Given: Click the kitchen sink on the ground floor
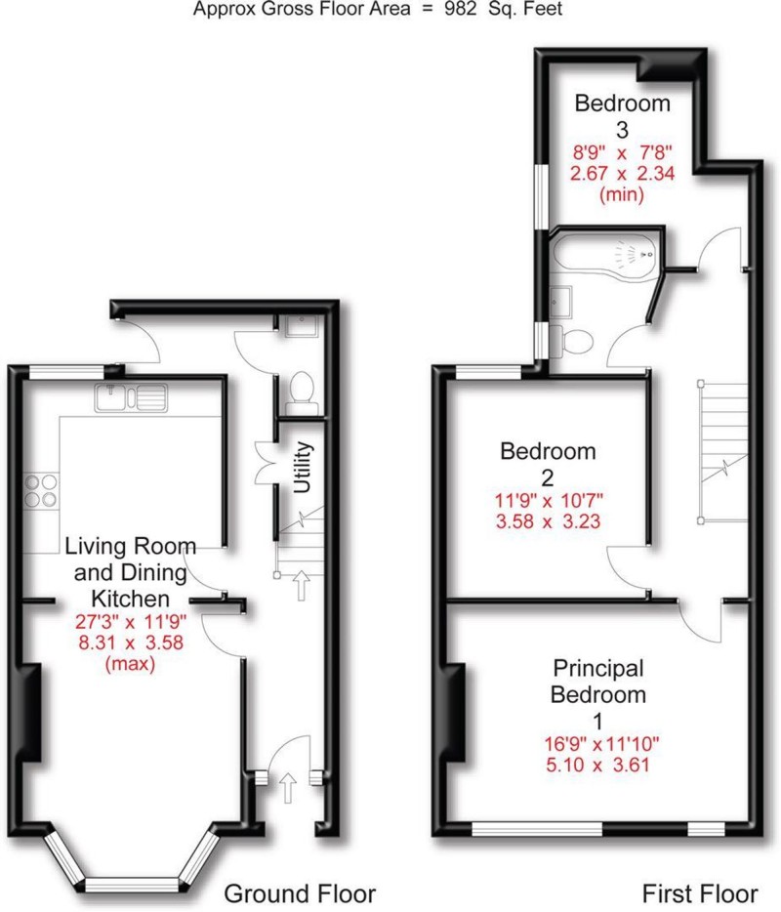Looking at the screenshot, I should click(x=132, y=397).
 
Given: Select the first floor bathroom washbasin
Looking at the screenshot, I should click(x=561, y=301).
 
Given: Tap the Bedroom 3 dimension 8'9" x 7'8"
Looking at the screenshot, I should click(x=622, y=152).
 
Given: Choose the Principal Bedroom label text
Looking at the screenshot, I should click(x=598, y=682).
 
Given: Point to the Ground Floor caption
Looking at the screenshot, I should click(x=300, y=892).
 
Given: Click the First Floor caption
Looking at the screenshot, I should click(x=699, y=892).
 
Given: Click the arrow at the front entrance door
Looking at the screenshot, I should click(x=289, y=785).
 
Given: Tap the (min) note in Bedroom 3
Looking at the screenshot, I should click(x=621, y=193).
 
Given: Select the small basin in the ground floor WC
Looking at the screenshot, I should click(x=297, y=327).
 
